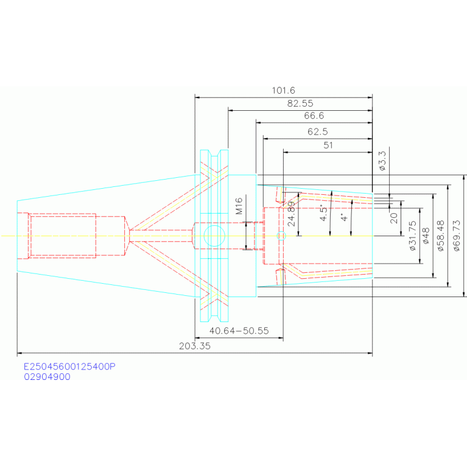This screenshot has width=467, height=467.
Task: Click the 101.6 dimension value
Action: pos(283,90)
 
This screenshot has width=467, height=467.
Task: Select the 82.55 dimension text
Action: pos(300,104)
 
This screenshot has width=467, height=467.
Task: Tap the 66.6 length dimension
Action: pos(314,116)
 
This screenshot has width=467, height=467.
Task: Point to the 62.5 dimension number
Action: pos(317,132)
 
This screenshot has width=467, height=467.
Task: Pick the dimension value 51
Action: pos(328,146)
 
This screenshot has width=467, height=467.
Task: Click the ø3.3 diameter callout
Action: pos(383,161)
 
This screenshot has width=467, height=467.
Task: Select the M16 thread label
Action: pos(239,206)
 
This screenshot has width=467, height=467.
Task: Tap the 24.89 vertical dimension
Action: pos(292,214)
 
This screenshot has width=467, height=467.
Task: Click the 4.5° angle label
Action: pos(323,212)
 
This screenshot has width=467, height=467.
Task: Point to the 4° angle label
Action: pos(344,217)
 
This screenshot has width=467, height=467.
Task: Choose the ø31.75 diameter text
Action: pos(412,236)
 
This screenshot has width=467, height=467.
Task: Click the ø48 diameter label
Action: pos(426,236)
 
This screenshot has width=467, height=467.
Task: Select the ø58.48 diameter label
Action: pos(441,236)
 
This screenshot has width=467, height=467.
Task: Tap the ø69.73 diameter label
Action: pos(457,236)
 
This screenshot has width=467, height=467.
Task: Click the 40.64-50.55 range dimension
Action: pos(239,331)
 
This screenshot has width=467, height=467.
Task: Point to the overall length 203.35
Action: pos(194,346)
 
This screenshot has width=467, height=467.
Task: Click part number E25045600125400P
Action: pos(69,367)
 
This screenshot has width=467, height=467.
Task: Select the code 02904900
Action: pos(47,377)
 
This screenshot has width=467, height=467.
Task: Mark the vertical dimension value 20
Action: pos(394,218)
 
